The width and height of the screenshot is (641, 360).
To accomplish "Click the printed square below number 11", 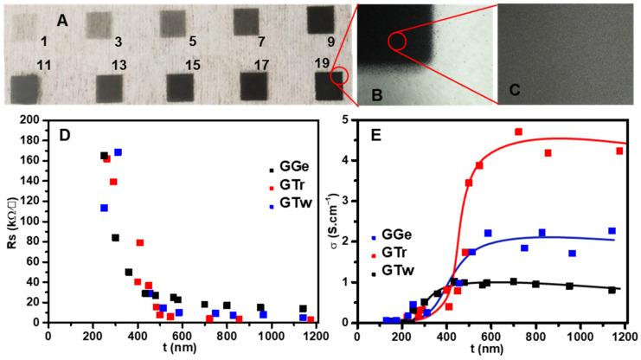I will [24, 88].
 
